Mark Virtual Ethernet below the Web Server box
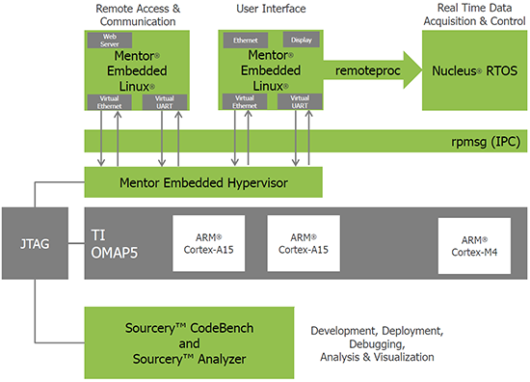(x=103, y=101)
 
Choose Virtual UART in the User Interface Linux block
(x=300, y=101)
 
